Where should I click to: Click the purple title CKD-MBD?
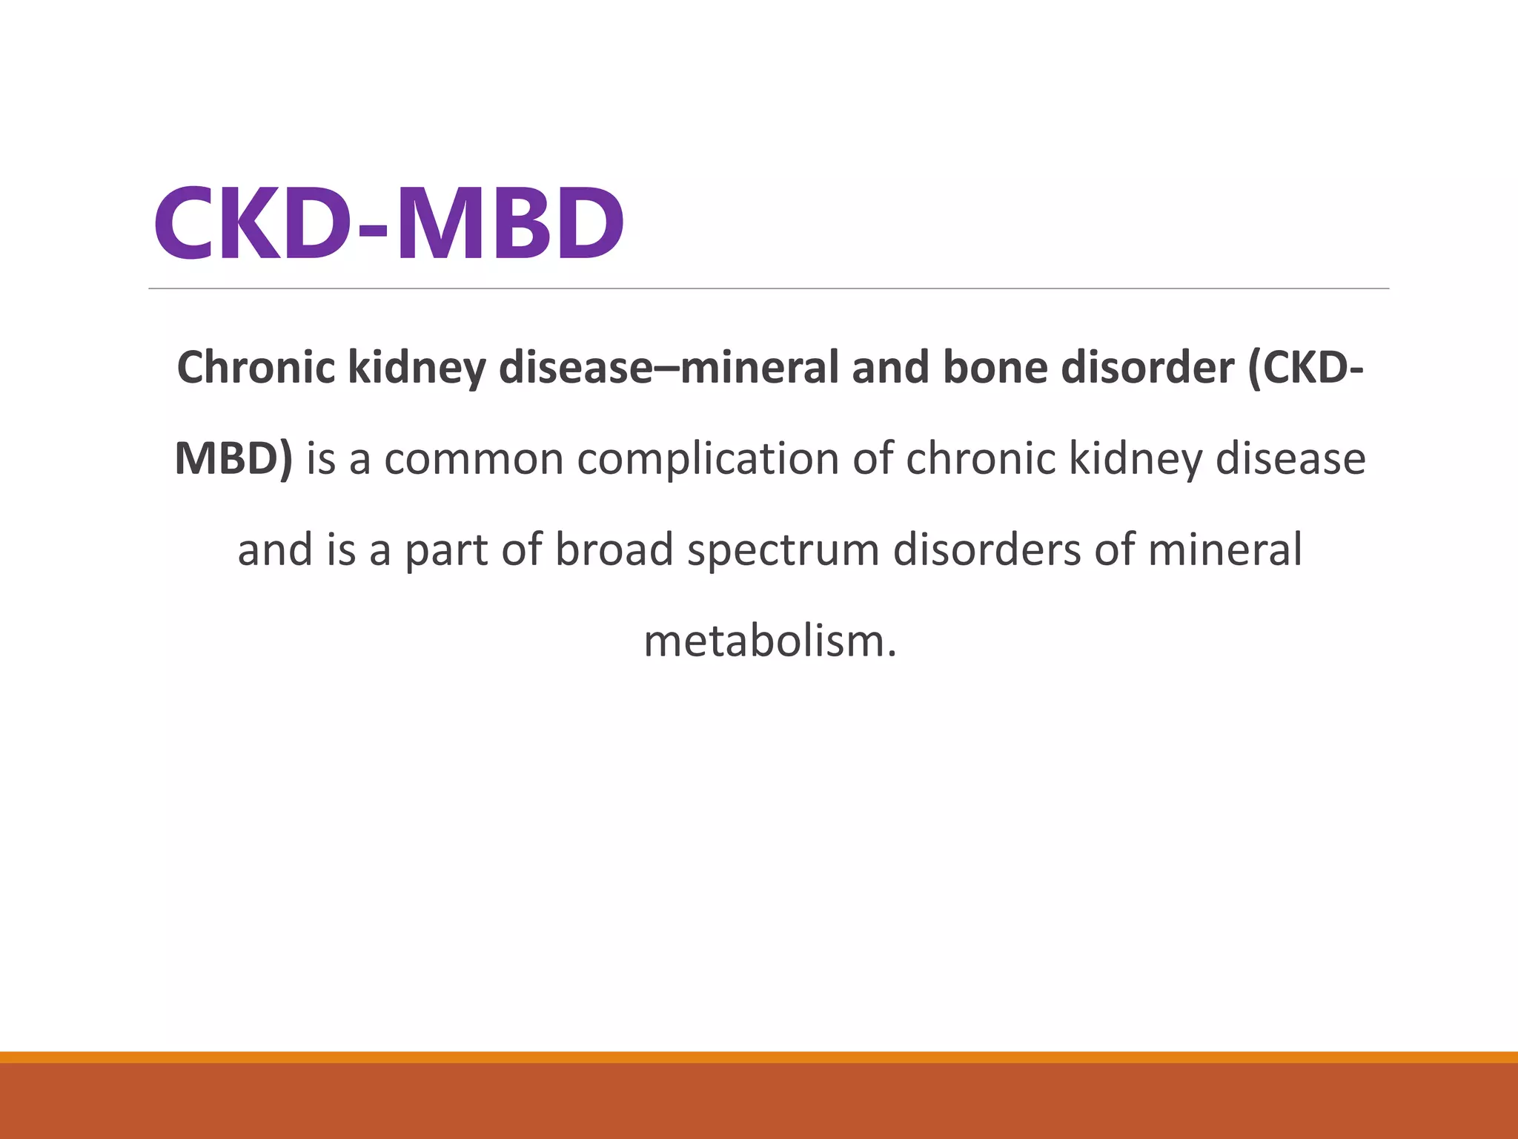point(388,222)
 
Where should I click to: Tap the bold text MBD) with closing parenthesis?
point(233,458)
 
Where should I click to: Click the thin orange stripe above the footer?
point(759,1057)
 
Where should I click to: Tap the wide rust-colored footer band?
point(759,1101)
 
